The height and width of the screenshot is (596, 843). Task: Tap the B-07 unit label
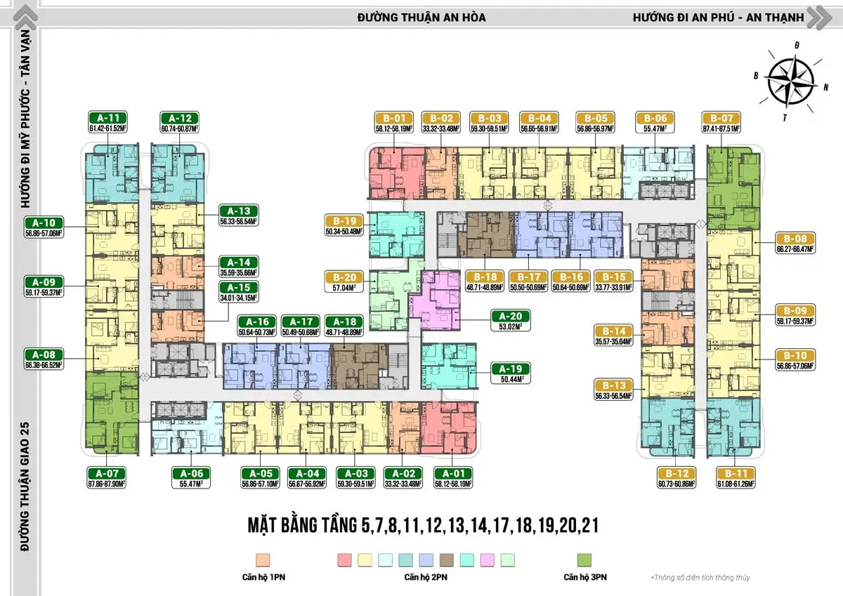tap(721, 119)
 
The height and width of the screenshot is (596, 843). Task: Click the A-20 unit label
tap(511, 317)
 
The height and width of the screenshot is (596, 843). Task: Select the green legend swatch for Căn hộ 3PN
tap(584, 559)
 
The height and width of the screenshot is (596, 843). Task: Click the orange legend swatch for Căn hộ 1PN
tap(263, 559)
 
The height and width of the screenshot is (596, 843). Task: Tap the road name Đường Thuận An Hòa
tap(421, 17)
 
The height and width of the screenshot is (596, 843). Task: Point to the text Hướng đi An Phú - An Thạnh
tap(717, 17)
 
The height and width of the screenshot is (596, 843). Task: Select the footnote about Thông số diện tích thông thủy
tap(700, 577)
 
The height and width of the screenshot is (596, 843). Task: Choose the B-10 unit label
tap(795, 356)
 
